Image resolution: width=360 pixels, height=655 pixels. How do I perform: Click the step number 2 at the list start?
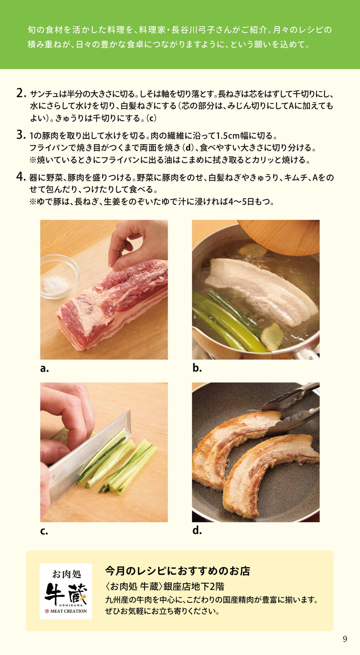[x=21, y=93]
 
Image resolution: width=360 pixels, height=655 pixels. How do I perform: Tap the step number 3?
[x=21, y=135]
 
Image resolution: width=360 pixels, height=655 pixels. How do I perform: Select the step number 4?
[x=21, y=177]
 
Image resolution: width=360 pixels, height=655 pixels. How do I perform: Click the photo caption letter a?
[x=44, y=369]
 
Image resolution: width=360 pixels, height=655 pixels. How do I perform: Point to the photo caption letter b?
[x=197, y=367]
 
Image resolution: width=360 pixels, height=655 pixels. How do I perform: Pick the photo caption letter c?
[x=44, y=532]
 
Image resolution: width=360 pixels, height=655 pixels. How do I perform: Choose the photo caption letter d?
[x=197, y=530]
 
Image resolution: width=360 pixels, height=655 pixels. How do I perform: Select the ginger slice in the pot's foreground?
[x=272, y=337]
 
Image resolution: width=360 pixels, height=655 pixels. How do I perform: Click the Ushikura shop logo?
[x=66, y=591]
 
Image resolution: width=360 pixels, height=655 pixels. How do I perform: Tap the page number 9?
[x=345, y=639]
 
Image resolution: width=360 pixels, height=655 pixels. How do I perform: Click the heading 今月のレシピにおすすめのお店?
[x=178, y=571]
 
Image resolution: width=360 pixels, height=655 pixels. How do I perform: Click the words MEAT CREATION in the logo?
[x=69, y=611]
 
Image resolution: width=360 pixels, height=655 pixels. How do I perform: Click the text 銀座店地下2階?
[x=194, y=586]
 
